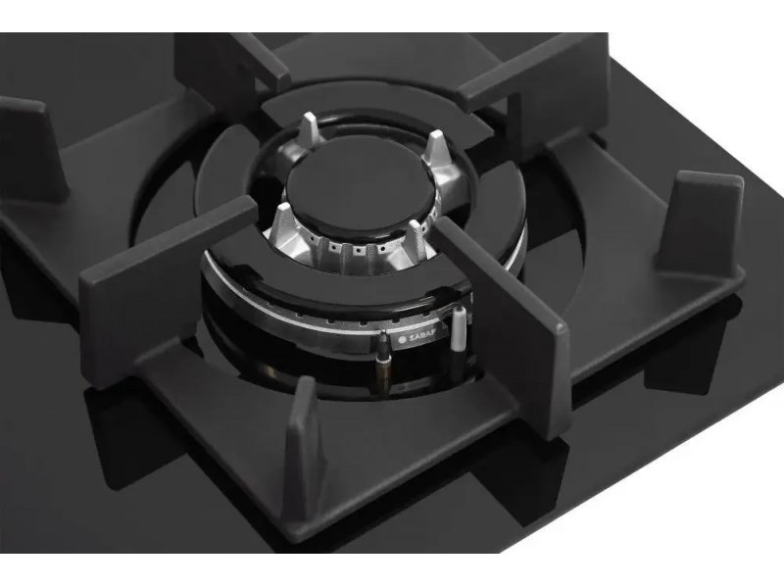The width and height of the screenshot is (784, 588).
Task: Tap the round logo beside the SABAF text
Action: click(403, 339)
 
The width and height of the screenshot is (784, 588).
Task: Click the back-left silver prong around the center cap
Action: click(310, 128)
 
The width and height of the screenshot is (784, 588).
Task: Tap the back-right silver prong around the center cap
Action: click(435, 148)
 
